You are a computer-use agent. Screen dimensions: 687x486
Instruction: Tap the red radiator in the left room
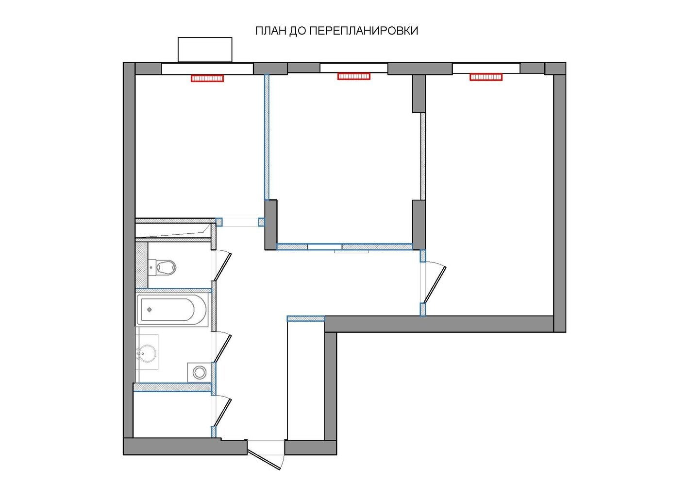(207, 78)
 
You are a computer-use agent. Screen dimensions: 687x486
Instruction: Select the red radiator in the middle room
(354, 76)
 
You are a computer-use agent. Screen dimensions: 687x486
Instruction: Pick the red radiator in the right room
(486, 77)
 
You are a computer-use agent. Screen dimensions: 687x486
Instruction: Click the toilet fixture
(163, 267)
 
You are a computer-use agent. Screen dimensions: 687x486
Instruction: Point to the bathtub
(172, 310)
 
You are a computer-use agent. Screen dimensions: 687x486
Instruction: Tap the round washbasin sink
(147, 354)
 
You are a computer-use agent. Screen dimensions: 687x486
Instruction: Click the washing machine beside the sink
(200, 372)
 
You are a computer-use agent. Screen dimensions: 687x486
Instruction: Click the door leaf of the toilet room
(223, 266)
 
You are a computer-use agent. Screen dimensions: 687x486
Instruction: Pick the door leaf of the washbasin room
(223, 348)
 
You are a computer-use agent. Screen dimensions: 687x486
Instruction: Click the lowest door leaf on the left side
(223, 412)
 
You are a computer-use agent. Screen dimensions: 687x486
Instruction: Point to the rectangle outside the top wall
(205, 50)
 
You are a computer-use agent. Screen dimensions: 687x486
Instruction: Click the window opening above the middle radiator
(354, 68)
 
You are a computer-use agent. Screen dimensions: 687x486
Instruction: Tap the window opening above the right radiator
(486, 68)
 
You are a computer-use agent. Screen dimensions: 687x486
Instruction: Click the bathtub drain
(150, 310)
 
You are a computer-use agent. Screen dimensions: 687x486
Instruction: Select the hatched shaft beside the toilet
(142, 265)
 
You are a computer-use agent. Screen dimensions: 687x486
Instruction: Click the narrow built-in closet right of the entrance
(306, 380)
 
